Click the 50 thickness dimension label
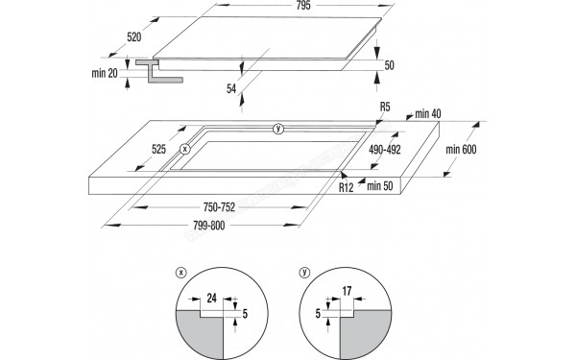pyautogui.click(x=389, y=64)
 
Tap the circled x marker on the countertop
pyautogui.click(x=185, y=149)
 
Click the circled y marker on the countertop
pyautogui.click(x=278, y=129)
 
